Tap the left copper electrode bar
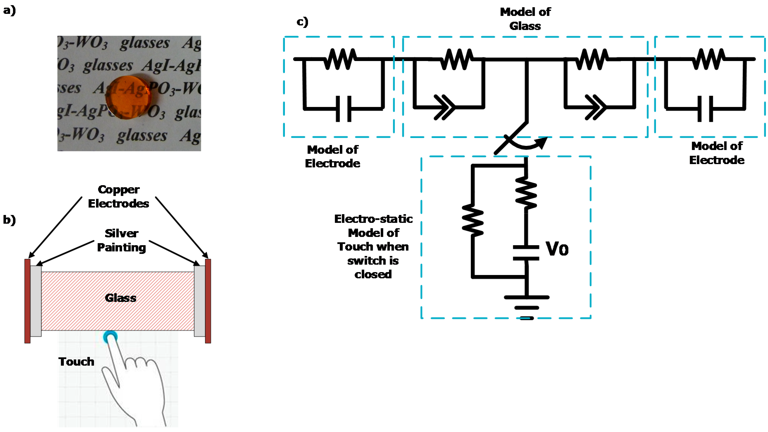click(27, 301)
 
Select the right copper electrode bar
click(208, 301)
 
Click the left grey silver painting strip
click(36, 301)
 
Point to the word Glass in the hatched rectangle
click(120, 298)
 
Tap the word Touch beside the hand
click(76, 361)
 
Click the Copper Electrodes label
click(119, 196)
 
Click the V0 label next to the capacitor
click(557, 249)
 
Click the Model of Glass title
click(525, 19)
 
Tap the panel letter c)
click(302, 22)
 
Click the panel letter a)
click(9, 11)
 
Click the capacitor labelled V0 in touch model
click(526, 253)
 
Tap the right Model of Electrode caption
click(717, 153)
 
